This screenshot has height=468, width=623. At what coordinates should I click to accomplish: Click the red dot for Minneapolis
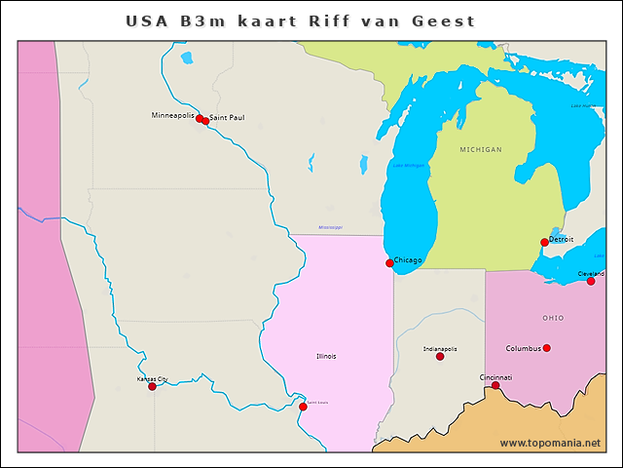[200, 119]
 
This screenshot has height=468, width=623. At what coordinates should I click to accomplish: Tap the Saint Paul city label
[227, 117]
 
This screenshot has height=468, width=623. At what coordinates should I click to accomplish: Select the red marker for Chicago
[389, 263]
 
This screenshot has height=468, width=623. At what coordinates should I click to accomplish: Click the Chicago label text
[408, 260]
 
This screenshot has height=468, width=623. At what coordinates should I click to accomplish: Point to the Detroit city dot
[544, 243]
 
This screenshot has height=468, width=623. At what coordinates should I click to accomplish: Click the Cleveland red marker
[591, 281]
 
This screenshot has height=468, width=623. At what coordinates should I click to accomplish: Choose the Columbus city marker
[546, 348]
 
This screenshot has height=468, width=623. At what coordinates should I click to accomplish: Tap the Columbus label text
[523, 348]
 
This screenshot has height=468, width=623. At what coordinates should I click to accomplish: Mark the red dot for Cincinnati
[495, 385]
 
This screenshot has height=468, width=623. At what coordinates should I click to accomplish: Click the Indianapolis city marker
[440, 357]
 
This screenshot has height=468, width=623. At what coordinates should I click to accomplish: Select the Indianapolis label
[440, 348]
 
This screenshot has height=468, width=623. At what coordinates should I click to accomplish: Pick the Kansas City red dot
[152, 387]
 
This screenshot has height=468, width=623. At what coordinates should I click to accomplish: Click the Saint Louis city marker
[303, 407]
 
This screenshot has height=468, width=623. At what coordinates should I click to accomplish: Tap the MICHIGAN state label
[481, 149]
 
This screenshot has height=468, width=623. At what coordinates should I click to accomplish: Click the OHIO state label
[553, 318]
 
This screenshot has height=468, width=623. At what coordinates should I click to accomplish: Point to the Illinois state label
[326, 356]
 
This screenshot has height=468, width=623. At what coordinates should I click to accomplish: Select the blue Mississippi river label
[330, 227]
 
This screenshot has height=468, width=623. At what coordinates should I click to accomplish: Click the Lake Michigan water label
[409, 166]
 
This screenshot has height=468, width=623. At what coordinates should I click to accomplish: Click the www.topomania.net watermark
[550, 443]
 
